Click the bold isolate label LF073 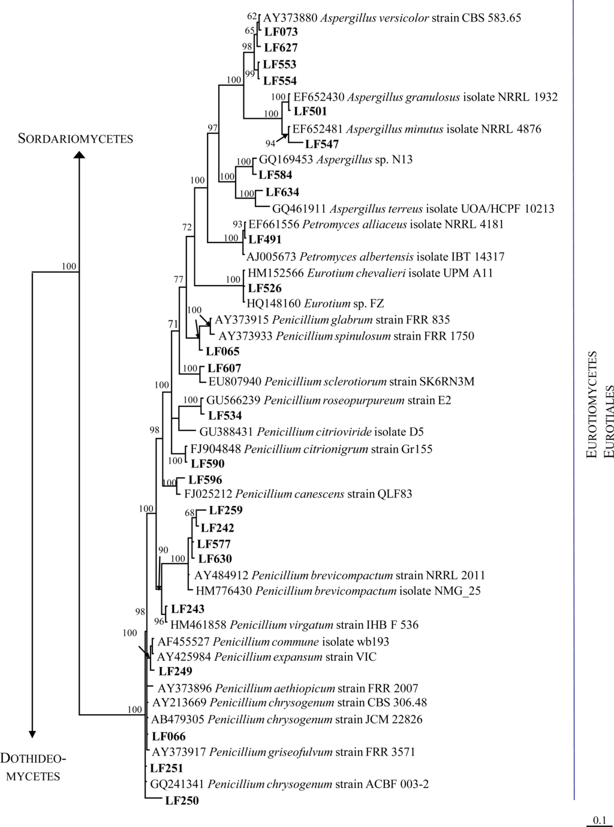pos(281,32)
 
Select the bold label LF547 pos(322,144)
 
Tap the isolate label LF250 pos(182,800)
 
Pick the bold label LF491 pos(264,239)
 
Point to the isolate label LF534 pos(225,415)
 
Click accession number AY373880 pos(290,18)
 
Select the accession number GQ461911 pos(300,209)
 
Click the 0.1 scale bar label pos(600,820)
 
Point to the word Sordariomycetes pos(76,139)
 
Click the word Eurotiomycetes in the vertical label pos(592,405)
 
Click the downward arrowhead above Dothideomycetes pos(33,734)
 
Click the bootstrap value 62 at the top pos(252,16)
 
